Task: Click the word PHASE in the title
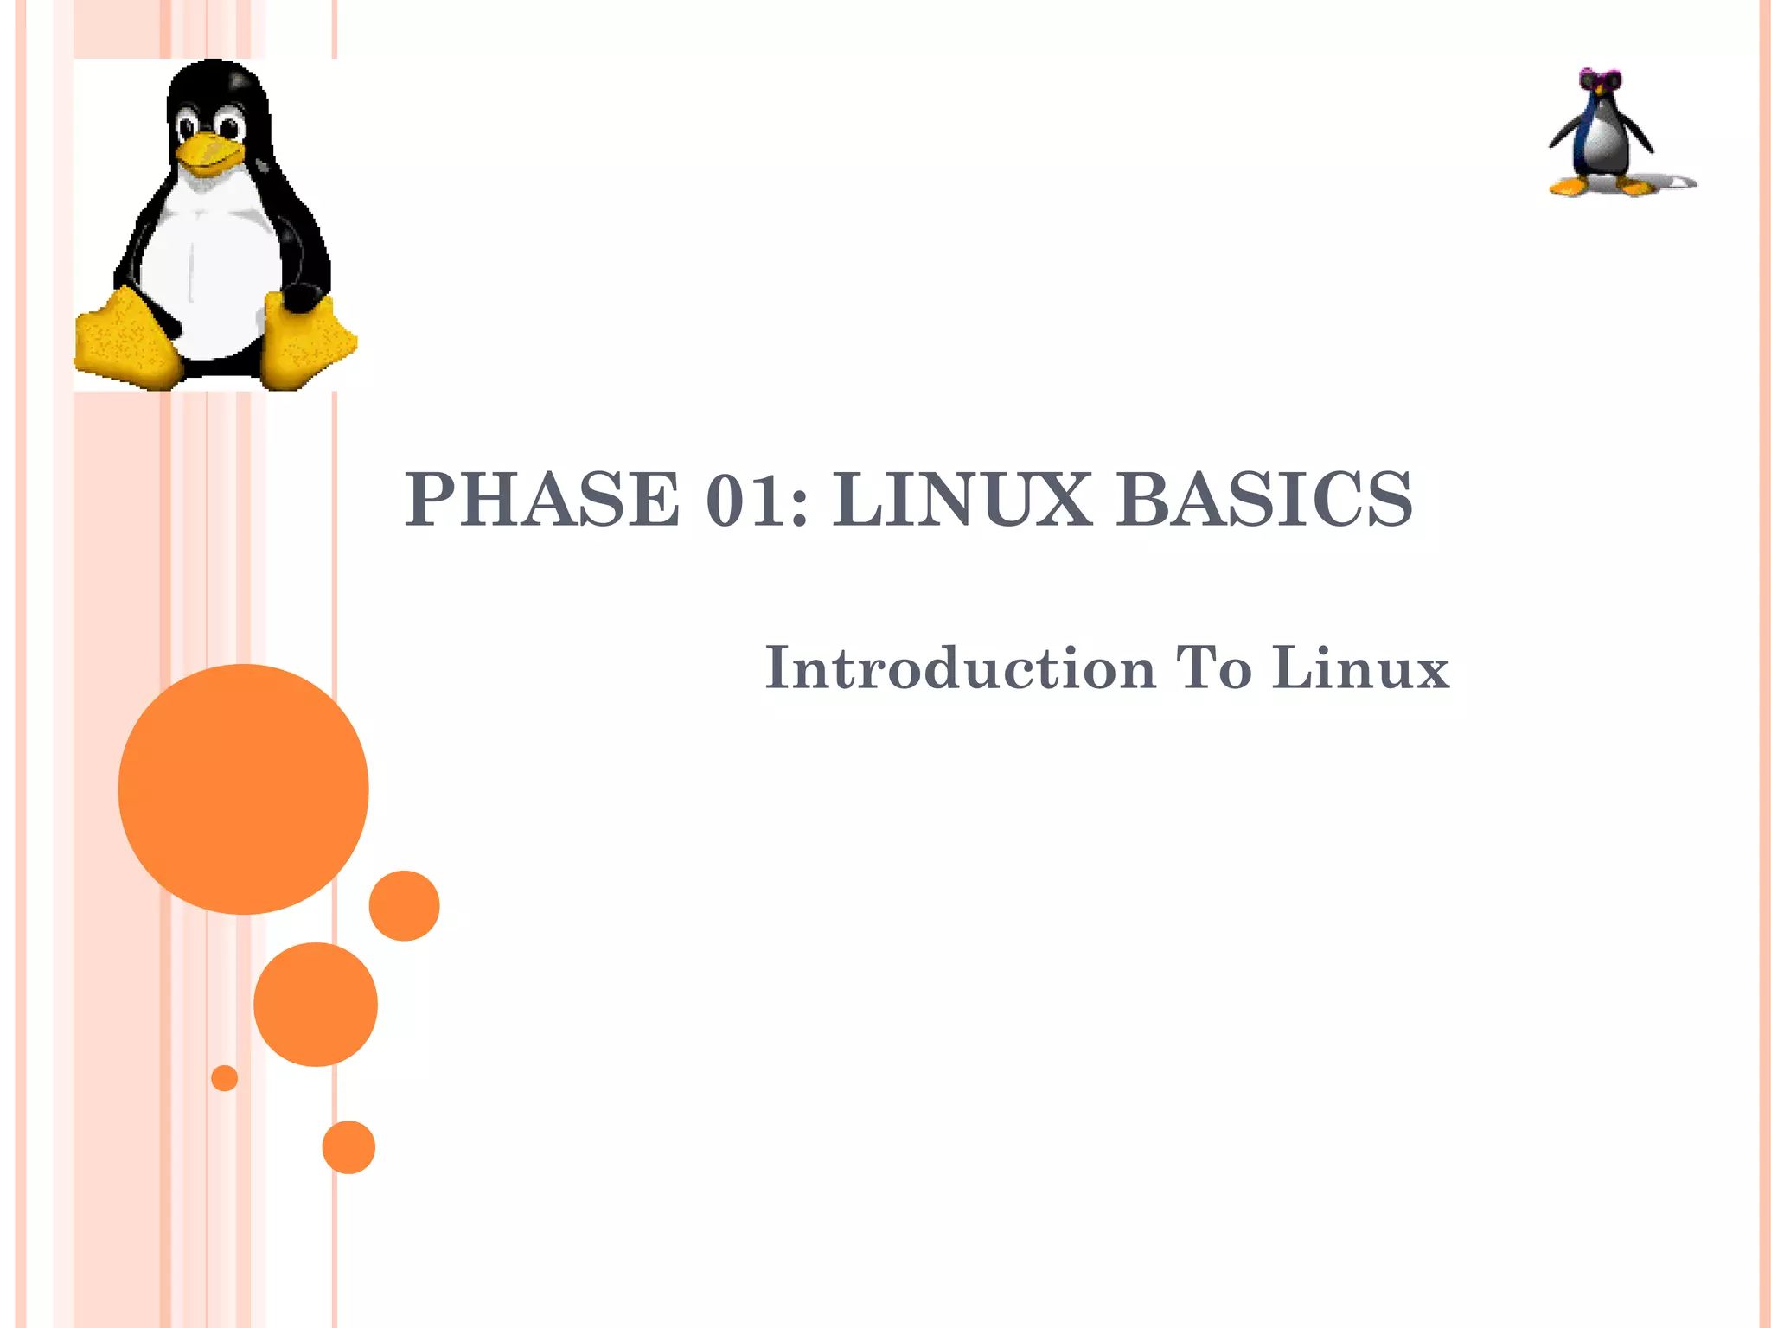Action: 541,500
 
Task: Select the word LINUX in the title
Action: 962,500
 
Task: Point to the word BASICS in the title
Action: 1263,500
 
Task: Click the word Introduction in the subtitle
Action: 960,667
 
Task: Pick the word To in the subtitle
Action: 1213,667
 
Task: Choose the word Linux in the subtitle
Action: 1360,667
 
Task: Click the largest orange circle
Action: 243,788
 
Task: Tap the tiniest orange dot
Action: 224,1078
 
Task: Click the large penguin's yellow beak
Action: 208,152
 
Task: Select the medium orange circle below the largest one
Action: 316,1004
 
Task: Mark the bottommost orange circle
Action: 348,1146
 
